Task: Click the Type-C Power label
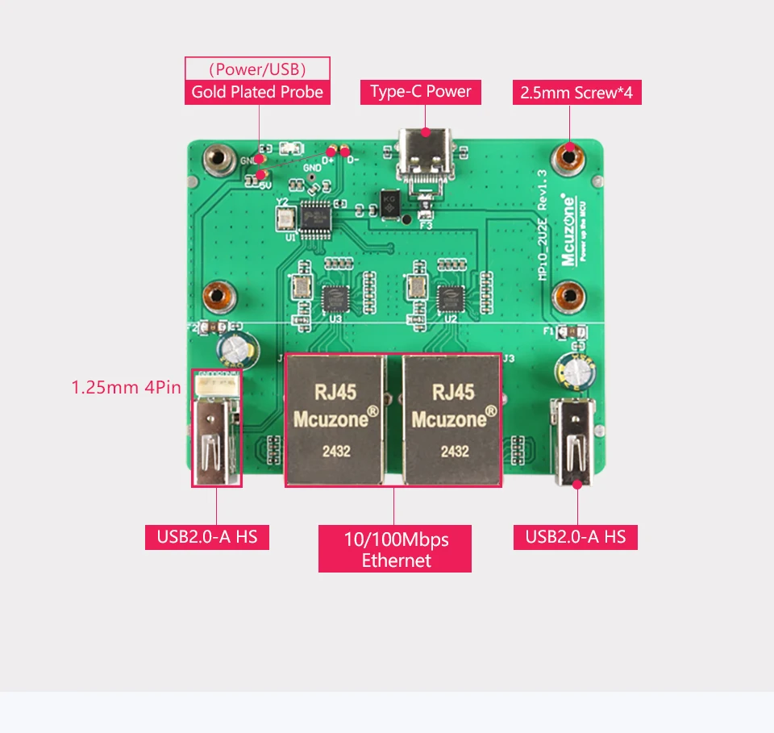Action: tap(420, 92)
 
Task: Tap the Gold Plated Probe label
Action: tap(257, 92)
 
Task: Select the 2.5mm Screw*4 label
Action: tap(576, 93)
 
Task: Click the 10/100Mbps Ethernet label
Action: tap(395, 549)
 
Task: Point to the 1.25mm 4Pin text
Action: tap(126, 387)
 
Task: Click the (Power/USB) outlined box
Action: tap(257, 68)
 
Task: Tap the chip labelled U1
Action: tap(318, 215)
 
